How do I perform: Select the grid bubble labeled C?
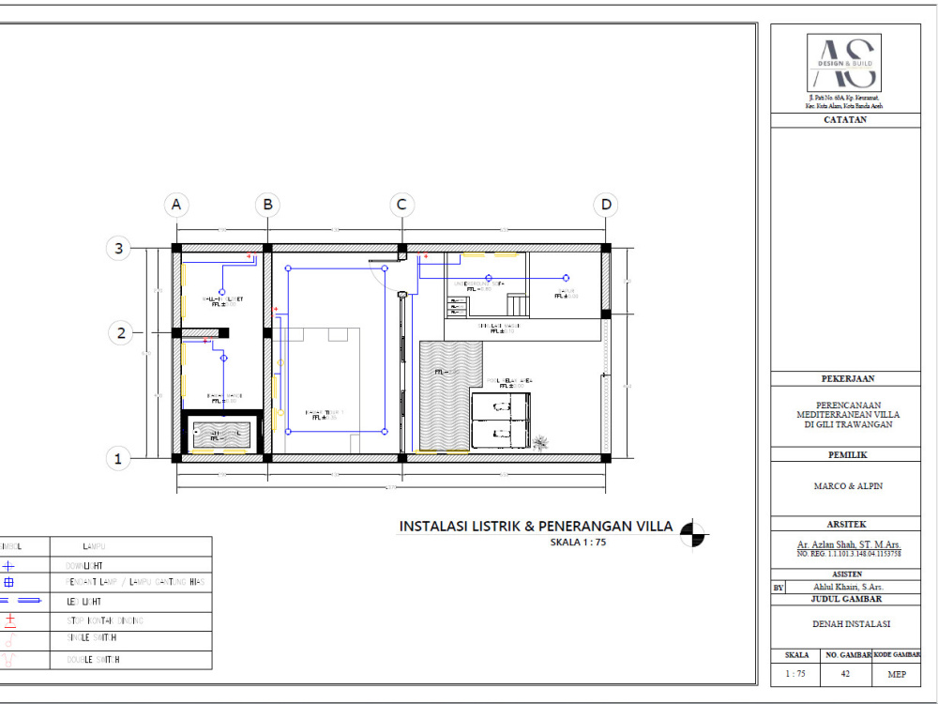401,205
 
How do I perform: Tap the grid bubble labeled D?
606,205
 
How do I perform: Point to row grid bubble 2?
119,331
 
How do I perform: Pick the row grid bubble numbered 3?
119,249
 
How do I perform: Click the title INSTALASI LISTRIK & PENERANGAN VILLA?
536,527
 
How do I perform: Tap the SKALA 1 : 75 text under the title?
579,543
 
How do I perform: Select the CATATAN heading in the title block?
845,120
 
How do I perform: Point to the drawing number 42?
846,673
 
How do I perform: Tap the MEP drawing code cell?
896,673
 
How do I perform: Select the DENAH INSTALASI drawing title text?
846,623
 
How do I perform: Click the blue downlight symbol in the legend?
8,566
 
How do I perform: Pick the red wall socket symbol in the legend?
10,620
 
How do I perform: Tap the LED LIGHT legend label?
84,602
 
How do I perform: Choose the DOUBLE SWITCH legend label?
94,659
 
